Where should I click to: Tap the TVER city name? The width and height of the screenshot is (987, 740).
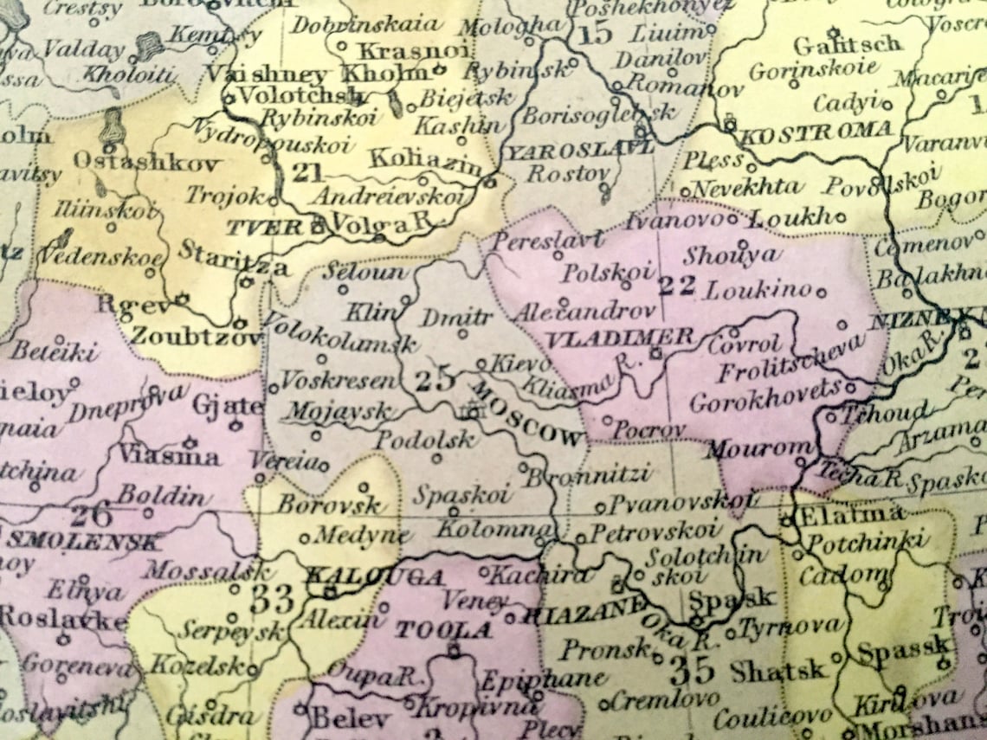click(x=268, y=228)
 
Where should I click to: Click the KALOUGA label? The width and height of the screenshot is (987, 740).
click(x=376, y=577)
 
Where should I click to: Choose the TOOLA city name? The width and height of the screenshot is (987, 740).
click(x=444, y=629)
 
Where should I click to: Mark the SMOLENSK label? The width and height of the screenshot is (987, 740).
click(x=84, y=543)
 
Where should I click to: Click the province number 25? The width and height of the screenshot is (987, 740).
click(x=434, y=379)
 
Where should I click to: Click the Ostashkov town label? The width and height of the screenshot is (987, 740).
click(x=146, y=162)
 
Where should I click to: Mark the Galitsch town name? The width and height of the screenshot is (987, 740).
click(x=847, y=45)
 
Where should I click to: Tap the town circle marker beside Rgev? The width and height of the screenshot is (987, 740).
click(x=181, y=299)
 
